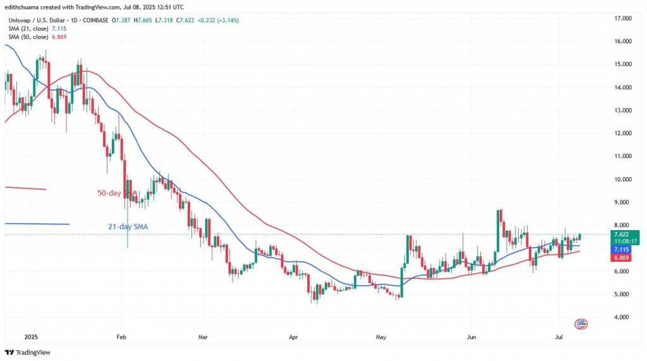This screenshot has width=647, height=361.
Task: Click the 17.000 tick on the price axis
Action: [624, 18]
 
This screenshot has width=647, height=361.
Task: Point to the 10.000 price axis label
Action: [624, 179]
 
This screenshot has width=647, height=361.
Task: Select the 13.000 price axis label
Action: [624, 110]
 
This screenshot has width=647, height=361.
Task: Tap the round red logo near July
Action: [581, 324]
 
